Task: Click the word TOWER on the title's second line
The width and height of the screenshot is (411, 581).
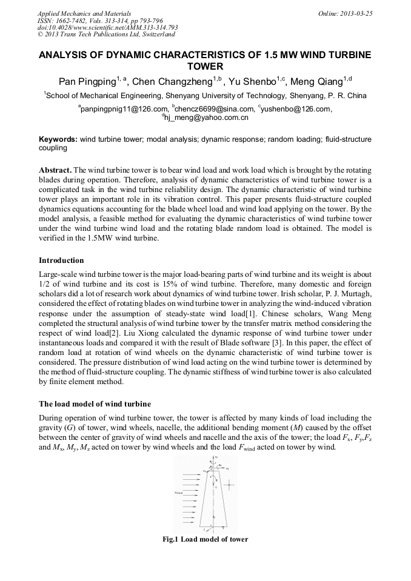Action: [205, 67]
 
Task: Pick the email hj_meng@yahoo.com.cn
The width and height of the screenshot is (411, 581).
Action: [206, 118]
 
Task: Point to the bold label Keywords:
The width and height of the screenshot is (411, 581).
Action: [58, 139]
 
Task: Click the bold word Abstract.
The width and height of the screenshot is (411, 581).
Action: [55, 170]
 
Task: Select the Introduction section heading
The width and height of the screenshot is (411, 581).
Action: [61, 260]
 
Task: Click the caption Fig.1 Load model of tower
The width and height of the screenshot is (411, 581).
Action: [205, 539]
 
